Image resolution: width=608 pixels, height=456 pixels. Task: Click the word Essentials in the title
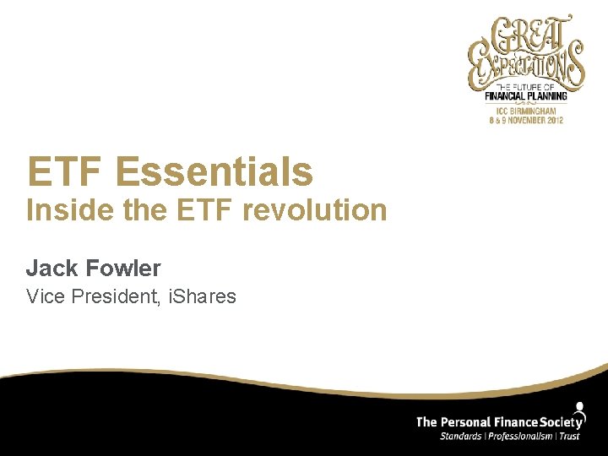[214, 171]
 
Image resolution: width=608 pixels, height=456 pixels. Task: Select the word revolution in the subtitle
[314, 209]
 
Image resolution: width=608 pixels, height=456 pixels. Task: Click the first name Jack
[51, 269]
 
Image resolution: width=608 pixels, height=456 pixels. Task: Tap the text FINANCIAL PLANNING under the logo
[526, 96]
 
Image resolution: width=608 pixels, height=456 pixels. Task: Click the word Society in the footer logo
[561, 421]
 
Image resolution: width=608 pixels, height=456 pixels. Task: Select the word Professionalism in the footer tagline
[524, 436]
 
